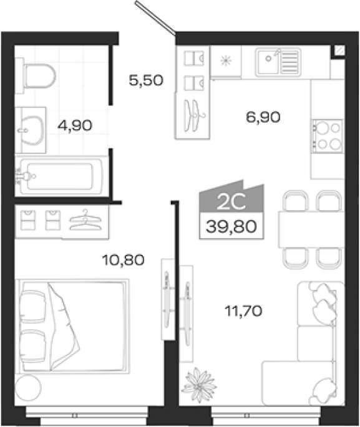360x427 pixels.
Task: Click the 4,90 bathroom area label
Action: (x=75, y=125)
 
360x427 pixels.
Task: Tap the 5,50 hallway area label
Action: (x=146, y=80)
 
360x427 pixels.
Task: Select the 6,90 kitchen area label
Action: (x=263, y=117)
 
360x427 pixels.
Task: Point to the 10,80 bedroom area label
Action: (x=123, y=260)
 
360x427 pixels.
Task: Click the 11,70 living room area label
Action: (x=243, y=310)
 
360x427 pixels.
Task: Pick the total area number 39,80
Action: (x=231, y=226)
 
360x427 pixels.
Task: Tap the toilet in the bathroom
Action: (x=36, y=75)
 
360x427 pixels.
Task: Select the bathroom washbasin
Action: (x=31, y=130)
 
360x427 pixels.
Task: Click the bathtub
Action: (x=59, y=176)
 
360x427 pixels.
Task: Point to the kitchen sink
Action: (x=278, y=62)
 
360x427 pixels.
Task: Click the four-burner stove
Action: (x=328, y=136)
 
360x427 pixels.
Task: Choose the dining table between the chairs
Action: (x=311, y=229)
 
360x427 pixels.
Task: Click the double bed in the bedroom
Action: (x=72, y=326)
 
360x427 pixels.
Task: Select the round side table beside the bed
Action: (x=28, y=387)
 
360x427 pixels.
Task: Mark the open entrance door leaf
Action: (x=155, y=17)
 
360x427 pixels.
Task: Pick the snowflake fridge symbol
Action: (x=226, y=60)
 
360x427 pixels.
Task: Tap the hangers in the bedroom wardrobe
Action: (x=85, y=220)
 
